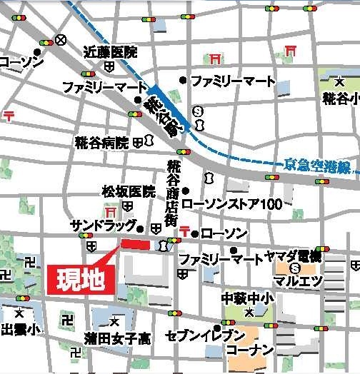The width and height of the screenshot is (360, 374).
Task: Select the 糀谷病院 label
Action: pyautogui.click(x=101, y=143)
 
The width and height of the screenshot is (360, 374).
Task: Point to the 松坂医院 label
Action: pyautogui.click(x=128, y=191)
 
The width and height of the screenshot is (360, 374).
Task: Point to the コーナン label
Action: pyautogui.click(x=249, y=350)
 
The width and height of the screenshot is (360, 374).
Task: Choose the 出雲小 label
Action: pyautogui.click(x=20, y=329)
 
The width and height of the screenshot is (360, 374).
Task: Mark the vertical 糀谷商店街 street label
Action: pyautogui.click(x=172, y=193)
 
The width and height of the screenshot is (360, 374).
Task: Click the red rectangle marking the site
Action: pyautogui.click(x=136, y=245)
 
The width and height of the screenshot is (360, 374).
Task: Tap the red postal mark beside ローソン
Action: pyautogui.click(x=186, y=231)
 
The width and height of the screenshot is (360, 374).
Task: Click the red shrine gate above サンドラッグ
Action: pyautogui.click(x=111, y=213)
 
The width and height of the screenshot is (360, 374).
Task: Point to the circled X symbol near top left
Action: pyautogui.click(x=62, y=40)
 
